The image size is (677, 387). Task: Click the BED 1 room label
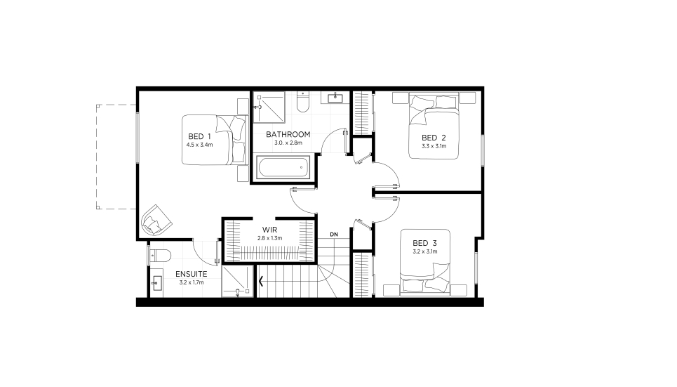(x=199, y=137)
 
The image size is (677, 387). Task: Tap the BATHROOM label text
(x=288, y=134)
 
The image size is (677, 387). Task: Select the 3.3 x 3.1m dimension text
(x=434, y=146)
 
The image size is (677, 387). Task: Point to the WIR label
(x=269, y=230)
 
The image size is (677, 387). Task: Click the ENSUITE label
(x=192, y=274)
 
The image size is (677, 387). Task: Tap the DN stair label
(x=334, y=235)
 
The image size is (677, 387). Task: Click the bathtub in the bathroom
(x=283, y=167)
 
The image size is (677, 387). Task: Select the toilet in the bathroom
(x=302, y=102)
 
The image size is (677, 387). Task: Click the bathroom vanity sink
(x=335, y=98)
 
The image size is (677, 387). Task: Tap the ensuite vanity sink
(x=156, y=284)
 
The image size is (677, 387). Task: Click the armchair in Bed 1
(x=156, y=220)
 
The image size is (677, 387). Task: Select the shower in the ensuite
(x=237, y=282)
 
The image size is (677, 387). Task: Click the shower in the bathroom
(x=269, y=107)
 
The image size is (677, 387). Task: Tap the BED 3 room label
(x=425, y=244)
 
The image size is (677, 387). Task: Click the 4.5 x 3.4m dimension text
(x=199, y=145)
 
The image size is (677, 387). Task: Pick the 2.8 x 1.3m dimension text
(x=270, y=238)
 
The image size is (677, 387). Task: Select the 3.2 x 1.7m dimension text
(x=192, y=283)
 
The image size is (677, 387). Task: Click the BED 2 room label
(x=434, y=138)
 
